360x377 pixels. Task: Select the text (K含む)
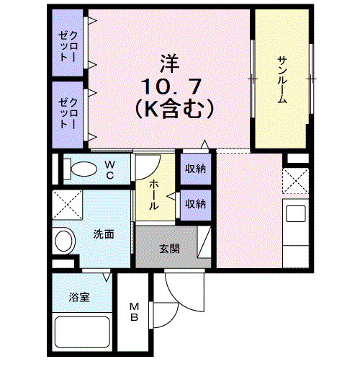point(172,110)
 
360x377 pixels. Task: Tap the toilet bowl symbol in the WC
point(81,169)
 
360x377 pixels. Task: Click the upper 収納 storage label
point(195,169)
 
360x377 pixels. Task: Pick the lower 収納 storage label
point(195,203)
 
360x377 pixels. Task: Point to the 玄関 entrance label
point(169,249)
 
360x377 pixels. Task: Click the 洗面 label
point(103,235)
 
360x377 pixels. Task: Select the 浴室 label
point(79,296)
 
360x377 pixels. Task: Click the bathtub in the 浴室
point(81,332)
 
